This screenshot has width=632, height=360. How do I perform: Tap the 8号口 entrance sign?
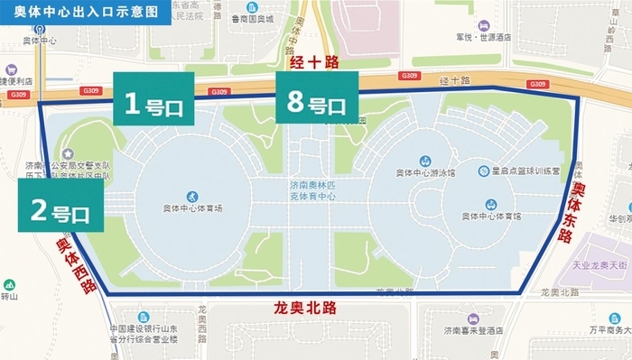316,103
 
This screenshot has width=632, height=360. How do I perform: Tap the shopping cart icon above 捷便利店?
10,69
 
